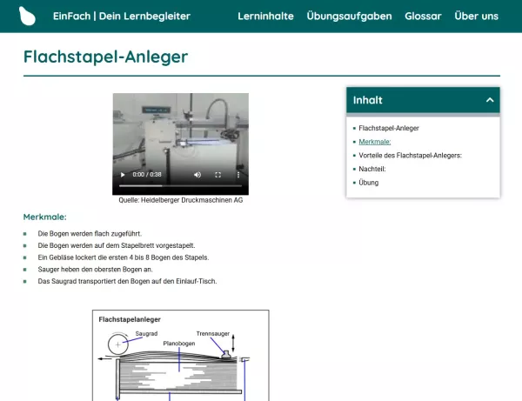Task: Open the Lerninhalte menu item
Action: pos(265,17)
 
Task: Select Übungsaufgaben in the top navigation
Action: pos(349,17)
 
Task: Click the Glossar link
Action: pos(423,17)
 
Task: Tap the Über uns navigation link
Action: pos(476,17)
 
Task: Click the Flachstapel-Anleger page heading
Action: pos(105,57)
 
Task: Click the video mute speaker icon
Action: pos(197,175)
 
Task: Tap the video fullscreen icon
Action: pos(217,175)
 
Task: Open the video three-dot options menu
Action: pos(238,175)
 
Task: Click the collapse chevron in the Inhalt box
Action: pos(490,100)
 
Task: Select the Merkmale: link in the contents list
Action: pos(374,141)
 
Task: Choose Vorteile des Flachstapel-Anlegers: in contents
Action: pos(410,155)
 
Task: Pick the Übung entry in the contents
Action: pos(368,183)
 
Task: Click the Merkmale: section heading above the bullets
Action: pos(44,217)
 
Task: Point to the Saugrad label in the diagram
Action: pos(146,333)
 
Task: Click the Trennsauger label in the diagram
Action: pos(212,333)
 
